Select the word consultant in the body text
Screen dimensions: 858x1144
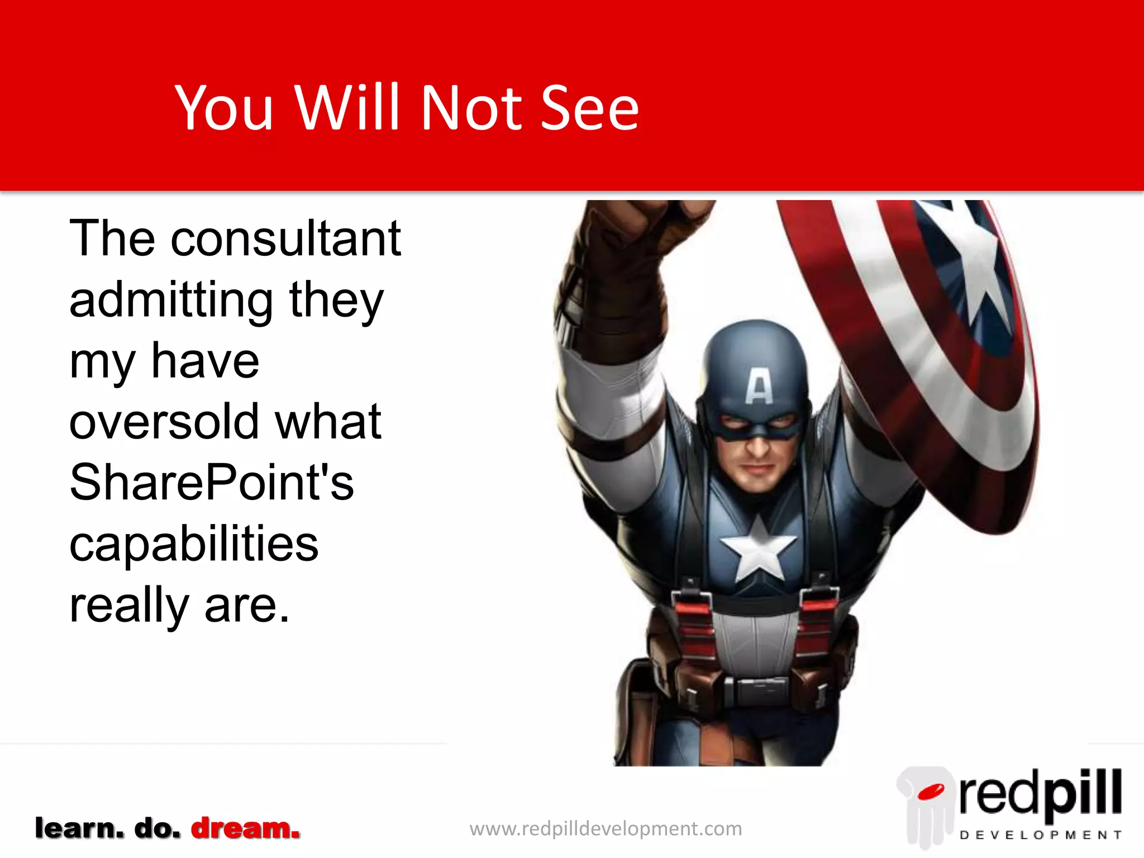pos(285,239)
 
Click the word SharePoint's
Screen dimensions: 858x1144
pos(212,483)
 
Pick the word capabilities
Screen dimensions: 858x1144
pos(194,545)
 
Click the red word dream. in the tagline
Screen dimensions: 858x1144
pos(245,828)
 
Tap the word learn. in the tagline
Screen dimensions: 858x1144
pos(79,828)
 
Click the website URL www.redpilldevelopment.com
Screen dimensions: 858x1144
pos(606,828)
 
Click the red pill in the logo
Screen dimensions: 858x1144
pos(931,792)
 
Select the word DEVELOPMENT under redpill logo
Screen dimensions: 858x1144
pos(1040,835)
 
